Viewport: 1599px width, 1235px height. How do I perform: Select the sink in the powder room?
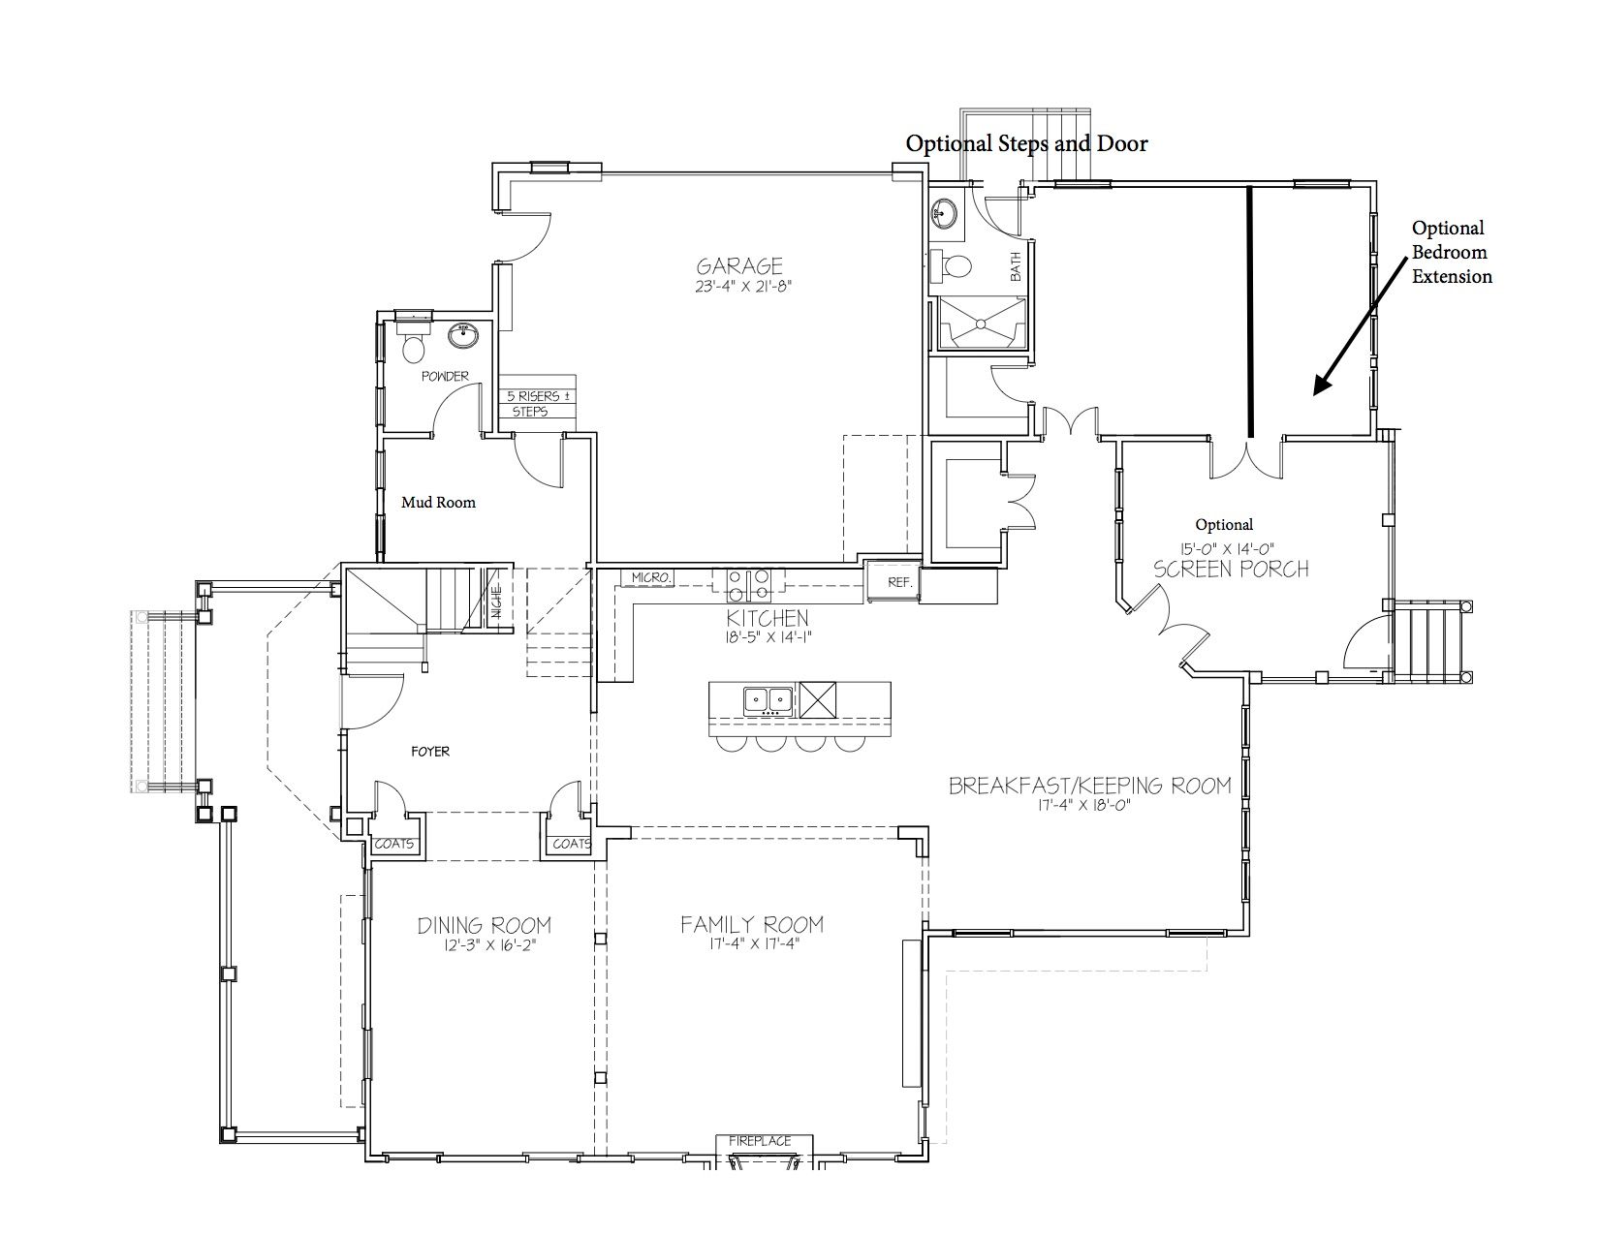[x=463, y=336]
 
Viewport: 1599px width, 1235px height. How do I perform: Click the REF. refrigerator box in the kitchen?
[x=893, y=582]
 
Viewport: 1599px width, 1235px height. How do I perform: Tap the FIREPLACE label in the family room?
[x=760, y=1141]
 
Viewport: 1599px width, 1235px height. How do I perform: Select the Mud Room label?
[x=439, y=503]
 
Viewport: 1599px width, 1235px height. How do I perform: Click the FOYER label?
[x=430, y=751]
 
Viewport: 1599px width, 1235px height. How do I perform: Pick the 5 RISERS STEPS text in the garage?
[x=537, y=404]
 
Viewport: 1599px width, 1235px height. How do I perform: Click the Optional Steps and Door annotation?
[x=1026, y=143]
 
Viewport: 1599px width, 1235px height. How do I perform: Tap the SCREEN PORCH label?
[x=1231, y=569]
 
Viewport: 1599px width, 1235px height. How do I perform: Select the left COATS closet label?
[x=394, y=844]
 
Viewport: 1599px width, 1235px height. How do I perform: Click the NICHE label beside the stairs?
[x=496, y=601]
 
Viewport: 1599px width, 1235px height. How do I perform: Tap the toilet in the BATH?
[x=953, y=264]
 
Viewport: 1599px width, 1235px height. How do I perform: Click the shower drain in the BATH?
[x=980, y=323]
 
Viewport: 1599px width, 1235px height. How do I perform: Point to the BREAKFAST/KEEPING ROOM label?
[x=1090, y=786]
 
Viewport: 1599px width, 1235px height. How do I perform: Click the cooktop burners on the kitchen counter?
[x=748, y=586]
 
